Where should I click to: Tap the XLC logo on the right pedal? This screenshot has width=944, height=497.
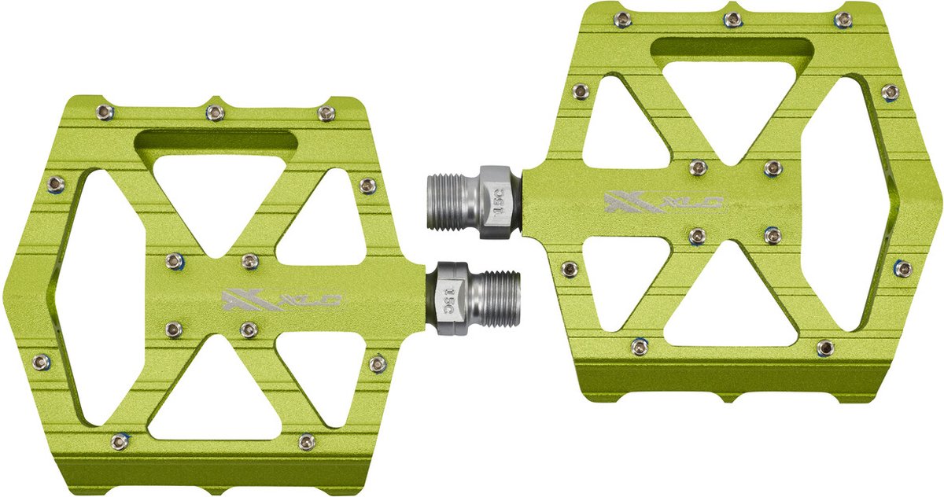(664, 203)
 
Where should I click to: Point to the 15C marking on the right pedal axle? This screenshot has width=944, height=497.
(500, 203)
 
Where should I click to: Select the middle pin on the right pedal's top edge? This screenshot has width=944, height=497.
(733, 19)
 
